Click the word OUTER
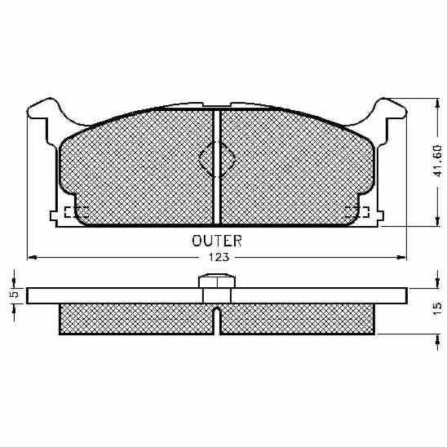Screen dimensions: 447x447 pos(217,241)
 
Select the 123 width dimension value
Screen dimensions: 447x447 pos(219,257)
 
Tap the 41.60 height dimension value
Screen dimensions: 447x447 pos(437,161)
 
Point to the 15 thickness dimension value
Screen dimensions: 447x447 pos(437,308)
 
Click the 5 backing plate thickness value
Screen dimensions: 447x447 pos(14,294)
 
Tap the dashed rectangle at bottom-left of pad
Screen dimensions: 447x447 pos(76,212)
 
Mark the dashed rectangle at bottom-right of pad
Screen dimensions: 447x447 pos(357,212)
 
